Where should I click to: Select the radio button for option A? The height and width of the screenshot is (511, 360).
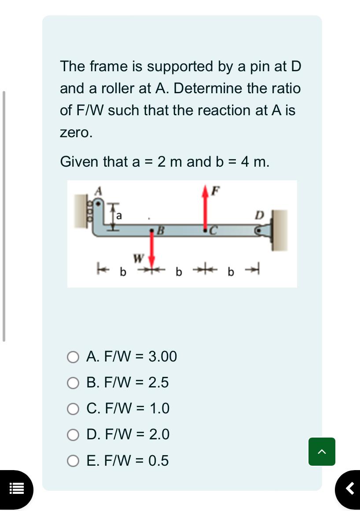pyautogui.click(x=73, y=357)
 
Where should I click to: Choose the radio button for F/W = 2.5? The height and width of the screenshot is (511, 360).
pyautogui.click(x=73, y=383)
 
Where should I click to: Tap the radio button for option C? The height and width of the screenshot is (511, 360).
pyautogui.click(x=73, y=409)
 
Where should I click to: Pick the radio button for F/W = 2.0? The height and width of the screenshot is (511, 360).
pyautogui.click(x=73, y=435)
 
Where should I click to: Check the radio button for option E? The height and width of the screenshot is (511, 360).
pyautogui.click(x=73, y=461)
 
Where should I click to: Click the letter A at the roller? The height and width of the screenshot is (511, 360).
pyautogui.click(x=99, y=191)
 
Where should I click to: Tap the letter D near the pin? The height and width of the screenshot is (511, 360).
pyautogui.click(x=260, y=215)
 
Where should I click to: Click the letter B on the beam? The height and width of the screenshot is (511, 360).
pyautogui.click(x=161, y=229)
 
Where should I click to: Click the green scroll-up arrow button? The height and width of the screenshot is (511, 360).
pyautogui.click(x=322, y=451)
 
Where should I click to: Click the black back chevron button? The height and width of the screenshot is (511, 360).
pyautogui.click(x=349, y=489)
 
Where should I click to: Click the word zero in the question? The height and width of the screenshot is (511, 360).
pyautogui.click(x=76, y=132)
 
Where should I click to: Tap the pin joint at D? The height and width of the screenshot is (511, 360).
pyautogui.click(x=260, y=230)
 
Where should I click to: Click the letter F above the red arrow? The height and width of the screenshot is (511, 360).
pyautogui.click(x=215, y=190)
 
